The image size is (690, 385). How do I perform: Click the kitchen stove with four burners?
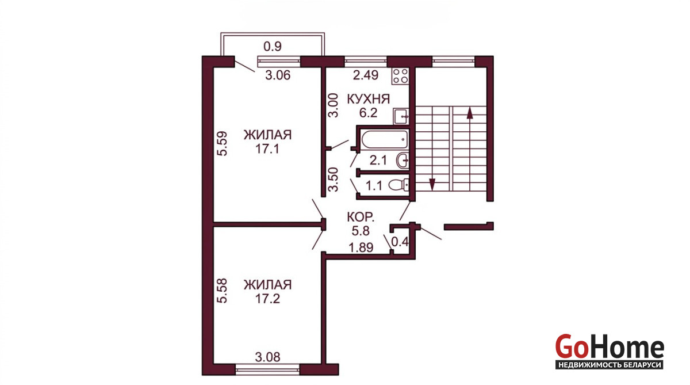point(400,76)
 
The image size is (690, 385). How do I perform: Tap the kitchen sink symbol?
point(401,116)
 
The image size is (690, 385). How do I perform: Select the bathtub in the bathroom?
point(385,140)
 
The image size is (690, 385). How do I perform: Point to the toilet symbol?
point(399,185)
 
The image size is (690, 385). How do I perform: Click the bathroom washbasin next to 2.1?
point(403,161)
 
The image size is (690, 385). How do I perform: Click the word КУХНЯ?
point(369,99)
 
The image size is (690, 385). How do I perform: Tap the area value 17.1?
point(267,149)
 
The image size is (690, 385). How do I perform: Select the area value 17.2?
point(267,299)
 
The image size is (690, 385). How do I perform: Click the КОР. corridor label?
point(361,217)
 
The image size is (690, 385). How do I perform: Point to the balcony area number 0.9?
point(273,47)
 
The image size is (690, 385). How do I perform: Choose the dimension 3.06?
point(278,75)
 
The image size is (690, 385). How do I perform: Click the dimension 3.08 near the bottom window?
point(268,357)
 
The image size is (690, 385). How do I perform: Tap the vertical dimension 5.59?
point(222,144)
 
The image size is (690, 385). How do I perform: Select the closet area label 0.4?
point(400,242)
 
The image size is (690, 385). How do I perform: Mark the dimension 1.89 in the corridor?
point(361,247)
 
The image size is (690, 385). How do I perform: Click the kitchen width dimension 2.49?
point(366,75)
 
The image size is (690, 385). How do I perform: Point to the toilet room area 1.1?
point(374,186)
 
